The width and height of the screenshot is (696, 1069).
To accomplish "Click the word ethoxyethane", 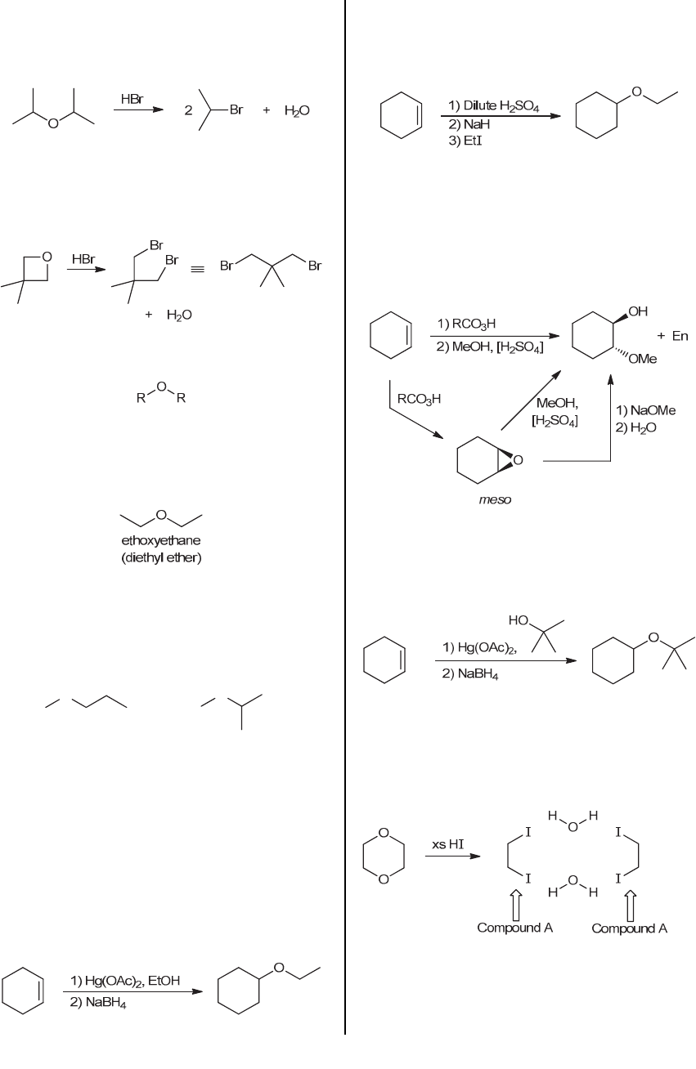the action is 161,540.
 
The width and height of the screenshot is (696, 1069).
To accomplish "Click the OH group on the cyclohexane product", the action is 639,311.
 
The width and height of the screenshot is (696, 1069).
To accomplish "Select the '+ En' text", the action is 673,336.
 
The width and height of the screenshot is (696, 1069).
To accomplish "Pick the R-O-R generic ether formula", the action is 161,392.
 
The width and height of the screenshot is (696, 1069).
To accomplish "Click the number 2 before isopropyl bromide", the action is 188,110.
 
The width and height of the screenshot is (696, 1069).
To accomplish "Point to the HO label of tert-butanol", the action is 519,620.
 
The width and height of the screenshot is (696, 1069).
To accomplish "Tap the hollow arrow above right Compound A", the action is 631,904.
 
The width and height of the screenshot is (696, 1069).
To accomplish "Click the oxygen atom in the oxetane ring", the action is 47,257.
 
